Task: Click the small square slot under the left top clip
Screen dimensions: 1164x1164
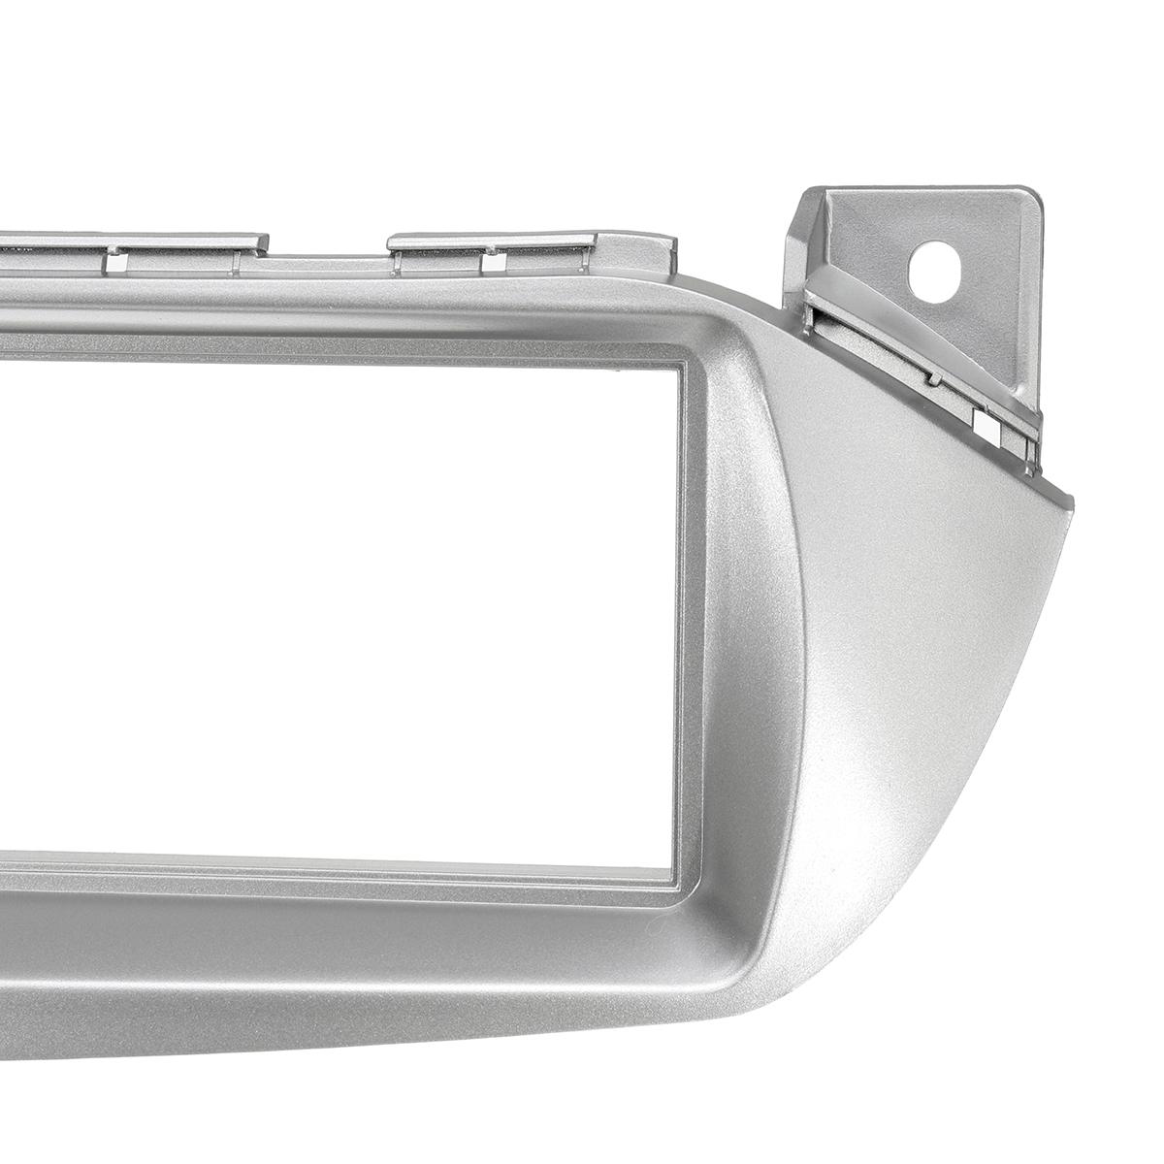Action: point(114,261)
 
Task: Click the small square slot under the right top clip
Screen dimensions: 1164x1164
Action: point(492,261)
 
